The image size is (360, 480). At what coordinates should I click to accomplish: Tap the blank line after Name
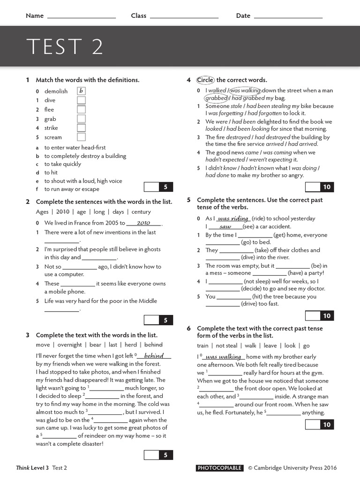click(x=82, y=16)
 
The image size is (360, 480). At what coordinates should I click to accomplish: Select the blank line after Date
click(x=288, y=16)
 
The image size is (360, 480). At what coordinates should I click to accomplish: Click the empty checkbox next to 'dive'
click(x=81, y=100)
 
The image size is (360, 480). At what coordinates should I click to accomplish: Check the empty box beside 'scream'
click(x=81, y=137)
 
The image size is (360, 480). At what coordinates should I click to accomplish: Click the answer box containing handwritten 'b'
click(x=81, y=91)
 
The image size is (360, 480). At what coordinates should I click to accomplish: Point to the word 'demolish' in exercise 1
click(x=56, y=91)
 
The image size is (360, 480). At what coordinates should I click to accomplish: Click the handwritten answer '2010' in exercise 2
click(x=143, y=223)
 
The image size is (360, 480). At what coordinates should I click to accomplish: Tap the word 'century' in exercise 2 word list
click(x=141, y=212)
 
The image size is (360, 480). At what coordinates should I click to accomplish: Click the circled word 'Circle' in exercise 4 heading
click(x=205, y=80)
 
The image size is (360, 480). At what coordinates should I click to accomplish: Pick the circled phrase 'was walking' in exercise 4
click(x=245, y=90)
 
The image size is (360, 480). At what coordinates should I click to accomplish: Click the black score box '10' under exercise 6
click(x=327, y=425)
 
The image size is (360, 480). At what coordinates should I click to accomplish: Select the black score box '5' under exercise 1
click(x=165, y=187)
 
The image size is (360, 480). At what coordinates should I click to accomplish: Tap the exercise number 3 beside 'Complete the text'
click(x=28, y=335)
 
